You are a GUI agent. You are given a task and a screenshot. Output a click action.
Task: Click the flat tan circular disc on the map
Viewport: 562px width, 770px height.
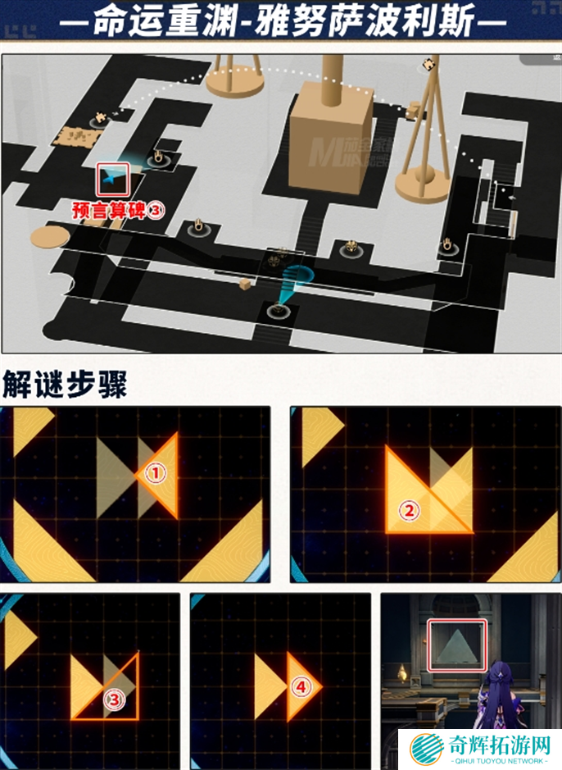(50, 237)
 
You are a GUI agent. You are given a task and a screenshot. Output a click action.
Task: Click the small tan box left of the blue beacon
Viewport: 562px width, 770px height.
(245, 283)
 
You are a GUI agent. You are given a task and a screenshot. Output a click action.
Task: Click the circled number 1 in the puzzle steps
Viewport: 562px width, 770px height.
(156, 472)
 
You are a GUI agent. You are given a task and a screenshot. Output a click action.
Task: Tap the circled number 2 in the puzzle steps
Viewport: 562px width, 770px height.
(407, 510)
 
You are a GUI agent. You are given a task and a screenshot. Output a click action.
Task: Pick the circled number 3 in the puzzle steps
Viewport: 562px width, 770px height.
(113, 699)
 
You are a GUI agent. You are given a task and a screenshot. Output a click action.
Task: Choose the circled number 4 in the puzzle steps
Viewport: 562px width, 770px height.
(300, 686)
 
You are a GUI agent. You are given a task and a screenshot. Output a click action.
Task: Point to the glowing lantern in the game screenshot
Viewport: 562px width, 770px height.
(402, 673)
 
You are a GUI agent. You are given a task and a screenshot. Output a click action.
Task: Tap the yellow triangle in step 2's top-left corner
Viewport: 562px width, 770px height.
(320, 433)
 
